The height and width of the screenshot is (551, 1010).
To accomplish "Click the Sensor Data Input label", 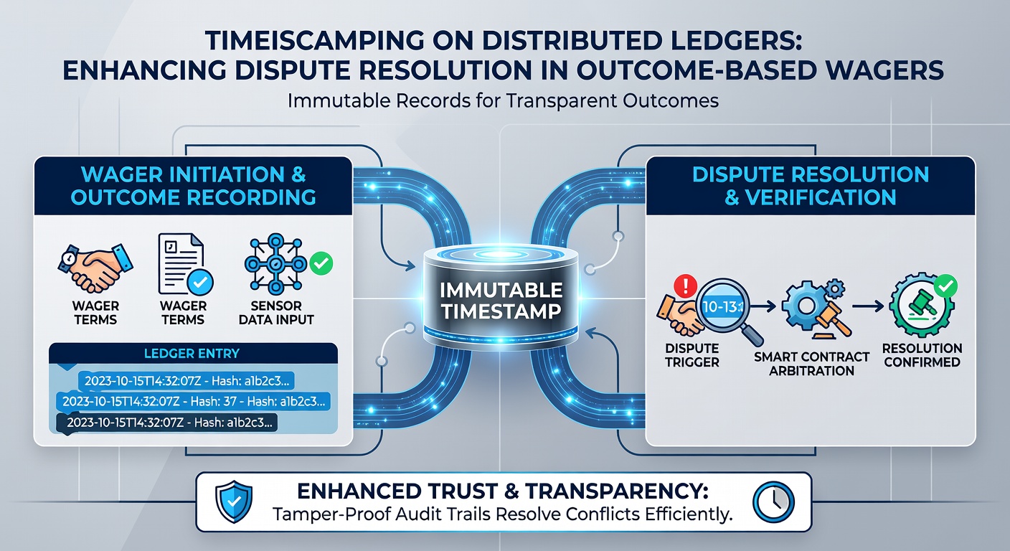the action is (x=276, y=313).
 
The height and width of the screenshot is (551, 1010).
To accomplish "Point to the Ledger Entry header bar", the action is (x=193, y=353).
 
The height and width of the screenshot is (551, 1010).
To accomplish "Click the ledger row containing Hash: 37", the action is (x=193, y=401).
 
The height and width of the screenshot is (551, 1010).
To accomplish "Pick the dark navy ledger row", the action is (x=167, y=423).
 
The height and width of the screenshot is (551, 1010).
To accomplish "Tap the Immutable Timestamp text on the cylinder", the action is (x=501, y=301).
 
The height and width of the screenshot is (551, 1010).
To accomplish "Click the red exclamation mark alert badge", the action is (x=685, y=286).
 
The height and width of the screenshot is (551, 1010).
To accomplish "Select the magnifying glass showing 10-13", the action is (x=727, y=310).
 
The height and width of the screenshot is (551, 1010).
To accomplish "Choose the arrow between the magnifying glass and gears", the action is (x=763, y=306).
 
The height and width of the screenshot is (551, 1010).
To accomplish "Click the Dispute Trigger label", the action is (x=692, y=355).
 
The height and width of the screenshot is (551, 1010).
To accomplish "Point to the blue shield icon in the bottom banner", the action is (x=234, y=501).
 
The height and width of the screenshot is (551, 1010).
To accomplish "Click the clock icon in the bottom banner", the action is (x=773, y=501).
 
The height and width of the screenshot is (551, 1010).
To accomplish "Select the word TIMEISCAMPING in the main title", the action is (x=313, y=41).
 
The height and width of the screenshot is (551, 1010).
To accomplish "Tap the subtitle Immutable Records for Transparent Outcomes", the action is (x=503, y=100).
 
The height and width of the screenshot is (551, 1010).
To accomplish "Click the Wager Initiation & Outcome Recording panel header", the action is (x=193, y=186).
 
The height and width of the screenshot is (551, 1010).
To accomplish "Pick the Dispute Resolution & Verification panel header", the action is (x=811, y=186).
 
